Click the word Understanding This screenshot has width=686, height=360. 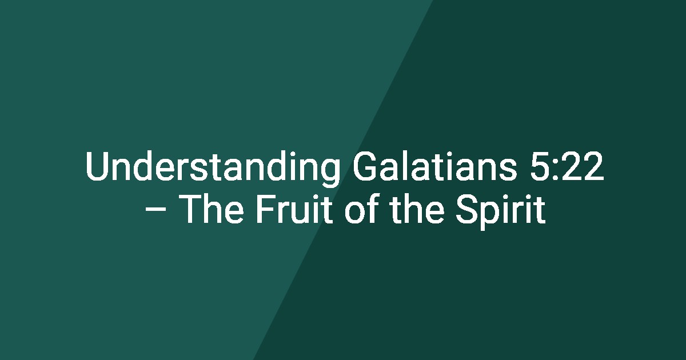tap(213, 168)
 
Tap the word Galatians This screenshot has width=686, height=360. tap(435, 166)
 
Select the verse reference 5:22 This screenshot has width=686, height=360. tap(567, 166)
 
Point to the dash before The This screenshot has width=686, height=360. tap(156, 210)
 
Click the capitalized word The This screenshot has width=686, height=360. tap(211, 209)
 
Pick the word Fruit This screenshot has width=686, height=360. tap(294, 209)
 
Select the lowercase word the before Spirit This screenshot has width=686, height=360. tap(417, 208)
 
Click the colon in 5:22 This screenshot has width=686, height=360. tap(556, 169)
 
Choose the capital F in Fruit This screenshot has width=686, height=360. tap(265, 209)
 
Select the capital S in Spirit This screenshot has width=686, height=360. tap(466, 209)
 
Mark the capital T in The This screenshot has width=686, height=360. tap(190, 209)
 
